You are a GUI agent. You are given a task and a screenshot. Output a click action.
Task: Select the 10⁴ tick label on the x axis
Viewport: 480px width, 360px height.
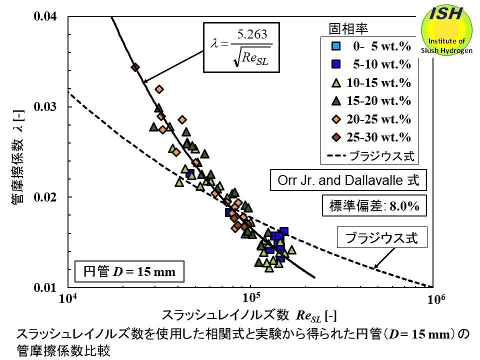click(67, 299)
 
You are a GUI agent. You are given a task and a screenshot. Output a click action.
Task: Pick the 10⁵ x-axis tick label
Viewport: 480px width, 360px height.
click(251, 299)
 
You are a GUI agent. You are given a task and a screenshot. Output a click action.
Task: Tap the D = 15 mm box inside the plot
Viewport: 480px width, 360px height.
click(129, 272)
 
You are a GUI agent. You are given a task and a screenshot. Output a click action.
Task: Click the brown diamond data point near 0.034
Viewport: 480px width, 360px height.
click(135, 67)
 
